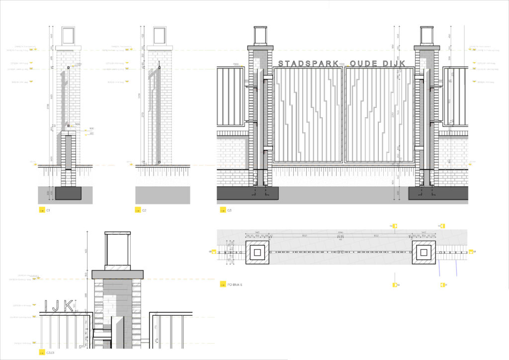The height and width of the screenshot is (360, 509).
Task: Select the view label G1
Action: point(48,210)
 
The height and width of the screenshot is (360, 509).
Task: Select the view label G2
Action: point(144,210)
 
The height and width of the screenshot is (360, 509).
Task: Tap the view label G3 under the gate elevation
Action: point(229,210)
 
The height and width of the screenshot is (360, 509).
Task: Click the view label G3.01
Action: point(50,353)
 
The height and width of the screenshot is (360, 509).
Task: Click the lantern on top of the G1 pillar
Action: point(68,36)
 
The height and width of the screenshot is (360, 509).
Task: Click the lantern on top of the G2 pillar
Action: point(159,36)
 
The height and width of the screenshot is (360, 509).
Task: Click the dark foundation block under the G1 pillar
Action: point(68,193)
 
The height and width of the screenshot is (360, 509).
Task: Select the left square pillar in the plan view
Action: point(257,253)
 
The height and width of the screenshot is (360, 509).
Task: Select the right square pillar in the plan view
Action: point(424,253)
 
